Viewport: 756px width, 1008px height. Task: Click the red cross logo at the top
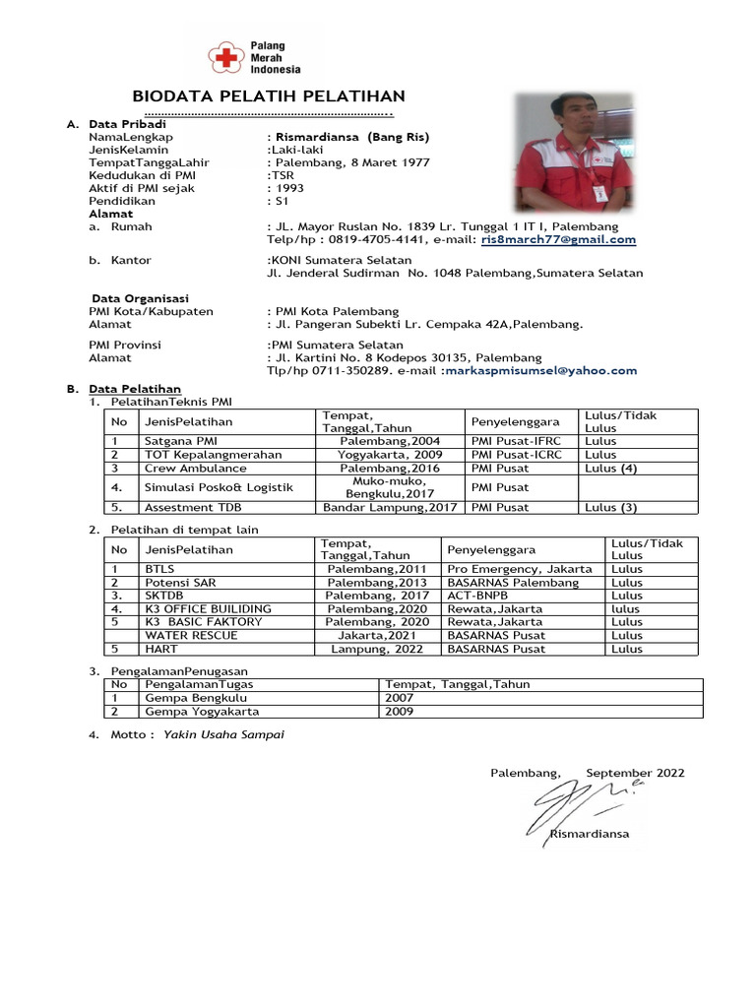(228, 58)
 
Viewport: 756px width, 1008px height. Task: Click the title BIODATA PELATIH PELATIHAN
(269, 95)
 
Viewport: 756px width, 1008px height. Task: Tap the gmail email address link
(558, 239)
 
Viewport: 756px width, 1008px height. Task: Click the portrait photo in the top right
(575, 153)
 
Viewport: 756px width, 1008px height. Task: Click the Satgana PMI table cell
(181, 441)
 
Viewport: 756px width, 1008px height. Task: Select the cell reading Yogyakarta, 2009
(390, 455)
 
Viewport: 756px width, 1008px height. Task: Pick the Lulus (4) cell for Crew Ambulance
(610, 469)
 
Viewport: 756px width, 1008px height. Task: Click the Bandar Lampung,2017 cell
(390, 508)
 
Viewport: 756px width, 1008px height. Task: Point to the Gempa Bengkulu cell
(182, 698)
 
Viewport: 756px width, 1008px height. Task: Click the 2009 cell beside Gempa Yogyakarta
(400, 712)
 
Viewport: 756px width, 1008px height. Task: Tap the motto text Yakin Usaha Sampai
(223, 734)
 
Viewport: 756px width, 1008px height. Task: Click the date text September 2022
(635, 774)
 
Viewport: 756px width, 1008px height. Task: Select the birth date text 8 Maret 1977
(384, 162)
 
